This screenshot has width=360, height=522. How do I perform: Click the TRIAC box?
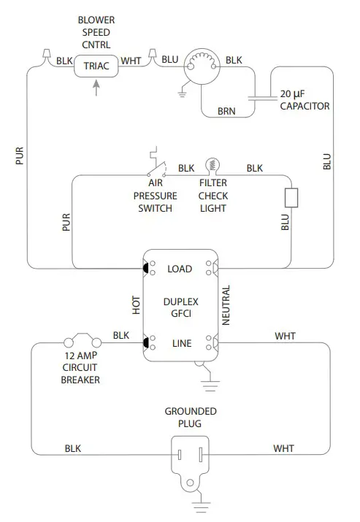97,66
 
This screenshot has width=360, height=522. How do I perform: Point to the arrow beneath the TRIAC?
97,88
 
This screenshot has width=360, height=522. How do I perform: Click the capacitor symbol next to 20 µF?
261,95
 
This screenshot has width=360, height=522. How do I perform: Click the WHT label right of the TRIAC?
132,61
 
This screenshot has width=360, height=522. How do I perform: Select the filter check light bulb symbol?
213,165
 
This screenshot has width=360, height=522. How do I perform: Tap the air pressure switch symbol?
156,164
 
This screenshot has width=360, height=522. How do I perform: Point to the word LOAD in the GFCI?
180,269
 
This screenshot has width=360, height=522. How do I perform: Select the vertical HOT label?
136,305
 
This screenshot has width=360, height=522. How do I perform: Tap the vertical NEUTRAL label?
226,305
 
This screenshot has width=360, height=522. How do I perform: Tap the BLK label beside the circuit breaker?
121,335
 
